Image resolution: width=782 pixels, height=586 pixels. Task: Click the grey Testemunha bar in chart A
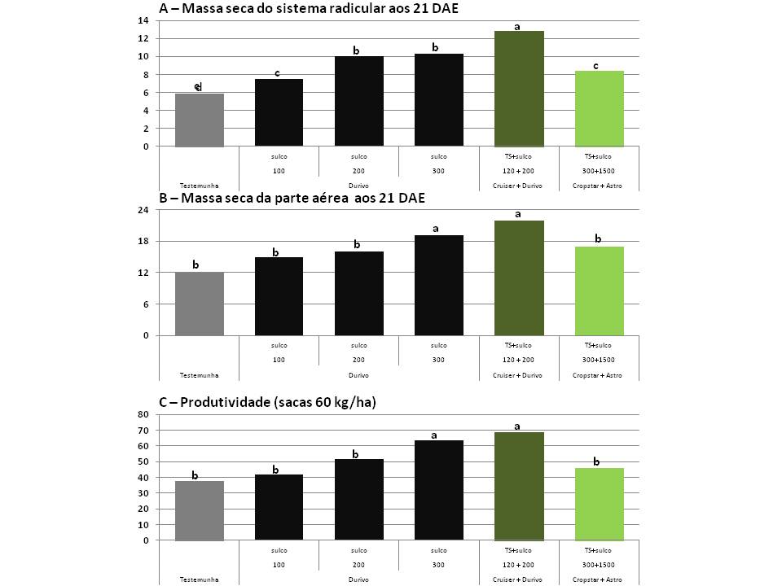click(x=200, y=120)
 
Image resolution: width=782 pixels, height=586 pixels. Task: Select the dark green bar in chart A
click(x=519, y=89)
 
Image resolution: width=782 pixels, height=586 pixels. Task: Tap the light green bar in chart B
click(x=599, y=291)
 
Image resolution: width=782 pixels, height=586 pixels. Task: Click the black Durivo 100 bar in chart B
click(x=279, y=296)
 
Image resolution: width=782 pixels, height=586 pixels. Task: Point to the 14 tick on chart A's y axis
click(x=147, y=20)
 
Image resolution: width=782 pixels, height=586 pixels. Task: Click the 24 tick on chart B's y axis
click(x=147, y=210)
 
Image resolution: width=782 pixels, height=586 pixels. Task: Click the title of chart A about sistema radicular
click(x=298, y=8)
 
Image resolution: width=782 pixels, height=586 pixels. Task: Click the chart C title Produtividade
click(x=256, y=402)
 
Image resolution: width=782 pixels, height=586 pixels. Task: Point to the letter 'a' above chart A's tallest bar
click(x=517, y=27)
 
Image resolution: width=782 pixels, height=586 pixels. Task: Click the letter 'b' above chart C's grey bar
click(x=195, y=474)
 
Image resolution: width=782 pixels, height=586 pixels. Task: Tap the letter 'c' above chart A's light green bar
click(x=595, y=64)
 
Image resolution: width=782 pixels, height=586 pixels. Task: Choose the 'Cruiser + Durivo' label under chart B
click(x=519, y=374)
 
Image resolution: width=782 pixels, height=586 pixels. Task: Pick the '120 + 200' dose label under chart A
click(x=519, y=171)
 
